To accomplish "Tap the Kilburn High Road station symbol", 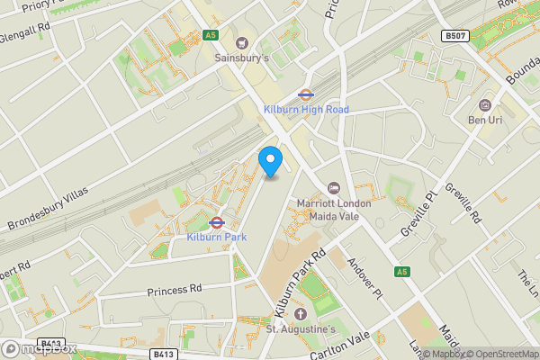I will tap(306, 93).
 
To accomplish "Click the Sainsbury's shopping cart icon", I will tap(241, 42).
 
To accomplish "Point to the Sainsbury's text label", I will tap(242, 58).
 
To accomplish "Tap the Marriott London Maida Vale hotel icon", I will tap(334, 187).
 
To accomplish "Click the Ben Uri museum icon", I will tap(485, 104).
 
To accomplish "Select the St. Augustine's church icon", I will tap(301, 314).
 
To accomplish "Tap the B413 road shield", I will tap(163, 354).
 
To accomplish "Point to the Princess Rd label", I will tap(176, 290).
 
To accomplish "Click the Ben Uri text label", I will tap(485, 119).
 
